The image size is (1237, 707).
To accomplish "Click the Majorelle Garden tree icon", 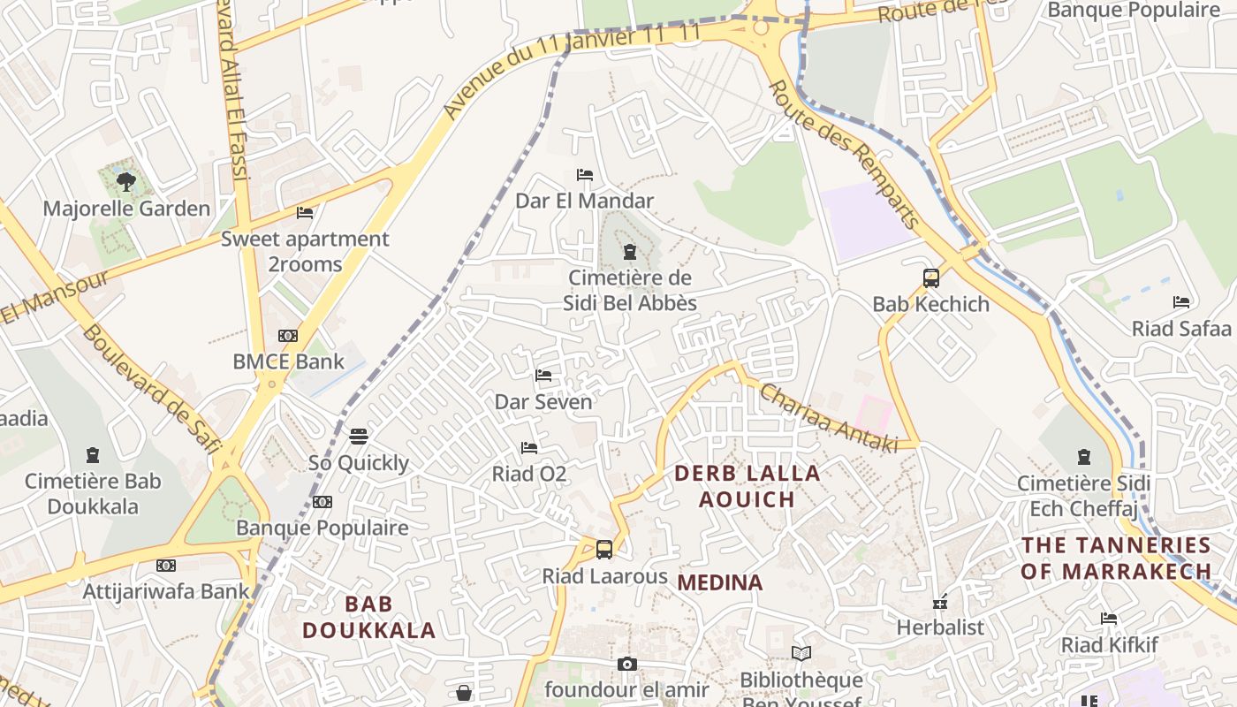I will point(126,182).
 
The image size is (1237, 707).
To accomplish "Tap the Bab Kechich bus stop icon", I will point(930,278).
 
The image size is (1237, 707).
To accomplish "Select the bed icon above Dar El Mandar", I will point(585,175).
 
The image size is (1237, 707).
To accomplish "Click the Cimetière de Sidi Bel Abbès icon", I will point(629,253).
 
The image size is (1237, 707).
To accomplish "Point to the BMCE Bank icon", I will point(288,336).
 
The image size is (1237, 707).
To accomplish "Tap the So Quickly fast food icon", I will point(359,437).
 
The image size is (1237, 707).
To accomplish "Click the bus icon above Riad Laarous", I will point(604,550).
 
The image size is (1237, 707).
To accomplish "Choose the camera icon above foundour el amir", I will point(627,664).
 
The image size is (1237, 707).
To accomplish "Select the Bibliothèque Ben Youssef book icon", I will point(801,654).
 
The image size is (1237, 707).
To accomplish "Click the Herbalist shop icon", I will point(940,602).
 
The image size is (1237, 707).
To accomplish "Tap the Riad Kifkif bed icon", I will point(1109,619).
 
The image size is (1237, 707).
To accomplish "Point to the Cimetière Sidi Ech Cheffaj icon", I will point(1084,457).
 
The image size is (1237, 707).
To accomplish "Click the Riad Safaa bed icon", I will point(1181,302).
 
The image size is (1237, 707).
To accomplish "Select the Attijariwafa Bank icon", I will point(166,566).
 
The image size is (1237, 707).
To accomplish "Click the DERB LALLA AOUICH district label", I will point(748,486).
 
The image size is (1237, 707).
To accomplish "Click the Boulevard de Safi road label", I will point(151,389).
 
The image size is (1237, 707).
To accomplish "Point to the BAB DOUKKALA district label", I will point(369,617).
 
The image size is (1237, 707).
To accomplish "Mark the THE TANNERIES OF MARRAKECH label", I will point(1116,558).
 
